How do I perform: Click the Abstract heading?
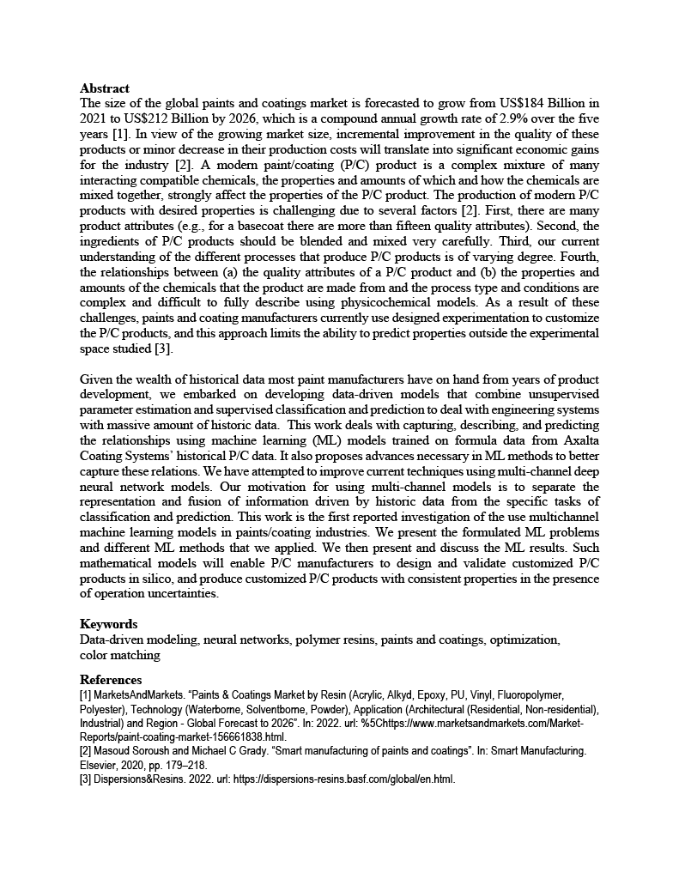[x=105, y=88]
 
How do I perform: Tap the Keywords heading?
[x=108, y=624]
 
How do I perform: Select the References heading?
[x=111, y=680]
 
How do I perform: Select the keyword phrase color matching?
[x=120, y=655]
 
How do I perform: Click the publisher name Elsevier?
[x=102, y=765]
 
